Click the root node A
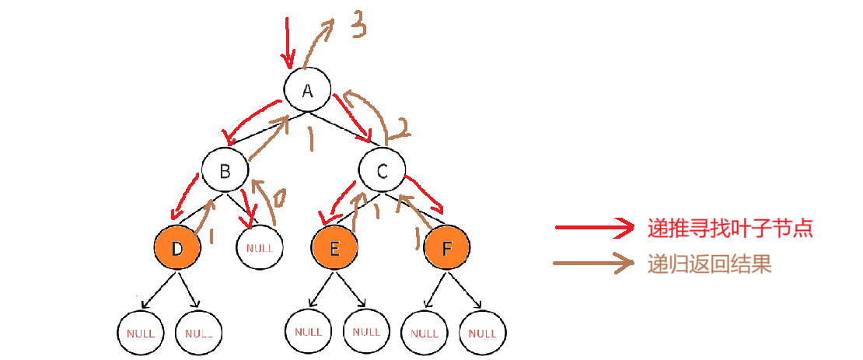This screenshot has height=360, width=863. tap(308, 90)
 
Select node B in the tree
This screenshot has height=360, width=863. tap(225, 170)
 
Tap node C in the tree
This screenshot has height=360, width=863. tap(383, 170)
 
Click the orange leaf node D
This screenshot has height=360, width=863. tap(177, 249)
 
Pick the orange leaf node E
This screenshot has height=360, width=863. tap(335, 249)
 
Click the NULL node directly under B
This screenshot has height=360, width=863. tap(260, 249)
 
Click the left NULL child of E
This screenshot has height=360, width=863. tap(309, 331)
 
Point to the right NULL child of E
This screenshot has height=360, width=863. tap(366, 331)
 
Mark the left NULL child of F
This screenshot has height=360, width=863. tap(425, 332)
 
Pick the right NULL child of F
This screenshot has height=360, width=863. tap(483, 332)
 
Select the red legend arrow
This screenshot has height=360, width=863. tap(595, 228)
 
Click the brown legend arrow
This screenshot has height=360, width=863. tap(595, 264)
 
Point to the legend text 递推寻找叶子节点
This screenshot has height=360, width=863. tap(730, 228)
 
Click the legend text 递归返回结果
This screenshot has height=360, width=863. tap(709, 264)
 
